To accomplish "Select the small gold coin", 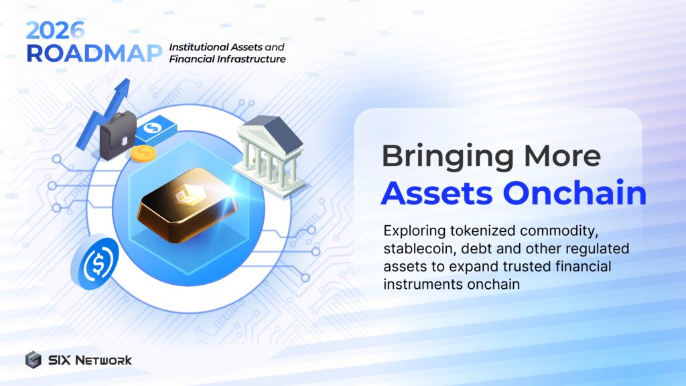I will (x=142, y=154).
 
